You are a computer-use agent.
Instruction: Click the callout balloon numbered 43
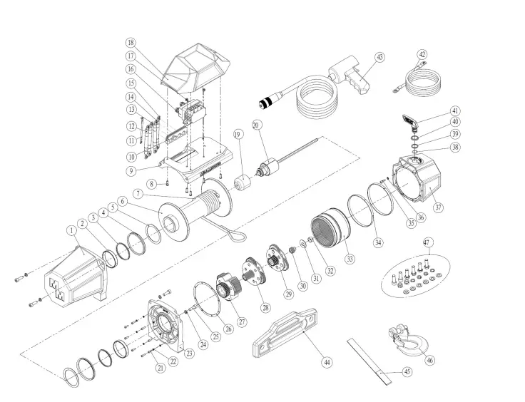tap(379, 57)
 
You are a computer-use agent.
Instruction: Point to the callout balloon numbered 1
tap(71, 230)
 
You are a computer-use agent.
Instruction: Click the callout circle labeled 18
tap(131, 43)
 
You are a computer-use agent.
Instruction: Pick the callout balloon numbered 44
tap(327, 363)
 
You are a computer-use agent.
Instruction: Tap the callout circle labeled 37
tap(438, 208)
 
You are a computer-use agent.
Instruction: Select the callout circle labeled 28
tap(266, 308)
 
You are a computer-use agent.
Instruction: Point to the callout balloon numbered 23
tap(189, 353)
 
